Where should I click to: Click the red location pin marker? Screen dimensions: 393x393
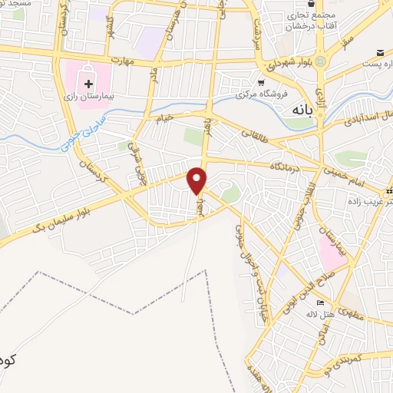click(198, 180)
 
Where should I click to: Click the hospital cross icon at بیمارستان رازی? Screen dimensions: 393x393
click(90, 84)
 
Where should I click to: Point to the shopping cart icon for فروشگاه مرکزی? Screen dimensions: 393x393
click(262, 81)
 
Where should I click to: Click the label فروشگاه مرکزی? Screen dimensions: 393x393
click(262, 95)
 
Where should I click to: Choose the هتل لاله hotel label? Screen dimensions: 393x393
click(318, 314)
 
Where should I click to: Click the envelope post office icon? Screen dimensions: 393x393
click(381, 52)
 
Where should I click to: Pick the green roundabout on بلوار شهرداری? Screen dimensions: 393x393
click(321, 61)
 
